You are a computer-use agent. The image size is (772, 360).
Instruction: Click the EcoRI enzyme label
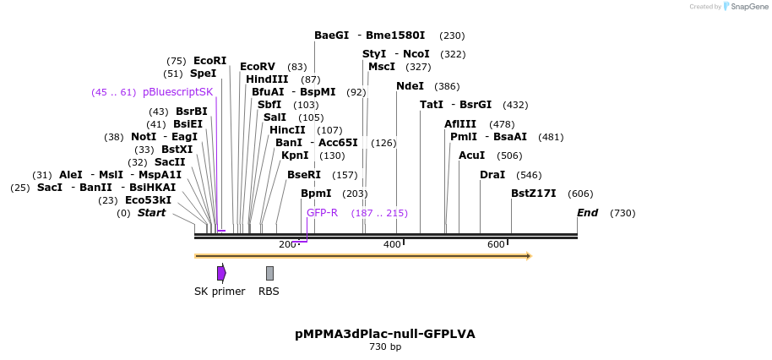click(x=209, y=61)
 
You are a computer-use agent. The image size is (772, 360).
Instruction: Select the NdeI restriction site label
click(x=410, y=86)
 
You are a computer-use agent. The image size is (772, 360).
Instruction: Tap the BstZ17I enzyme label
click(x=533, y=194)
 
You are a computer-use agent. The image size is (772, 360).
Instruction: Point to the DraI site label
click(x=492, y=175)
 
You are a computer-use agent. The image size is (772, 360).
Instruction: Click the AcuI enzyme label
click(x=471, y=155)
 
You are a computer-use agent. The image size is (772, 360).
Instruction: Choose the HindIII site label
click(x=267, y=79)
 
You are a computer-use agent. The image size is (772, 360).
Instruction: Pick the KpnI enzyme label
click(x=295, y=155)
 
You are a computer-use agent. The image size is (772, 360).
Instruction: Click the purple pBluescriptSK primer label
click(x=177, y=92)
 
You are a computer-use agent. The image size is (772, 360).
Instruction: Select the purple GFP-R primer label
click(x=322, y=213)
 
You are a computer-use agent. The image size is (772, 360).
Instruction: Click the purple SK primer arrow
click(x=221, y=273)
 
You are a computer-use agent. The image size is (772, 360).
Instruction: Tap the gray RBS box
click(x=269, y=273)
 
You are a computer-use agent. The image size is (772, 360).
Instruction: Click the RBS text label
click(x=269, y=292)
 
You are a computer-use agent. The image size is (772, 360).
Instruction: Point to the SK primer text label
click(x=220, y=292)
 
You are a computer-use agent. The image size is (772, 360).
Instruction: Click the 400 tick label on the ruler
click(x=392, y=244)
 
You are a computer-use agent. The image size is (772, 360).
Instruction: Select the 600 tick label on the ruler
click(x=496, y=244)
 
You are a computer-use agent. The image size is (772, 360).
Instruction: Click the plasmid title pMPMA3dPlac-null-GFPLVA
click(x=385, y=334)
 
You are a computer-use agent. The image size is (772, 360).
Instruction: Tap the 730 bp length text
click(x=385, y=347)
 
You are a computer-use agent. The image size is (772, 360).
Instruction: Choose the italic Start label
click(x=151, y=213)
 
